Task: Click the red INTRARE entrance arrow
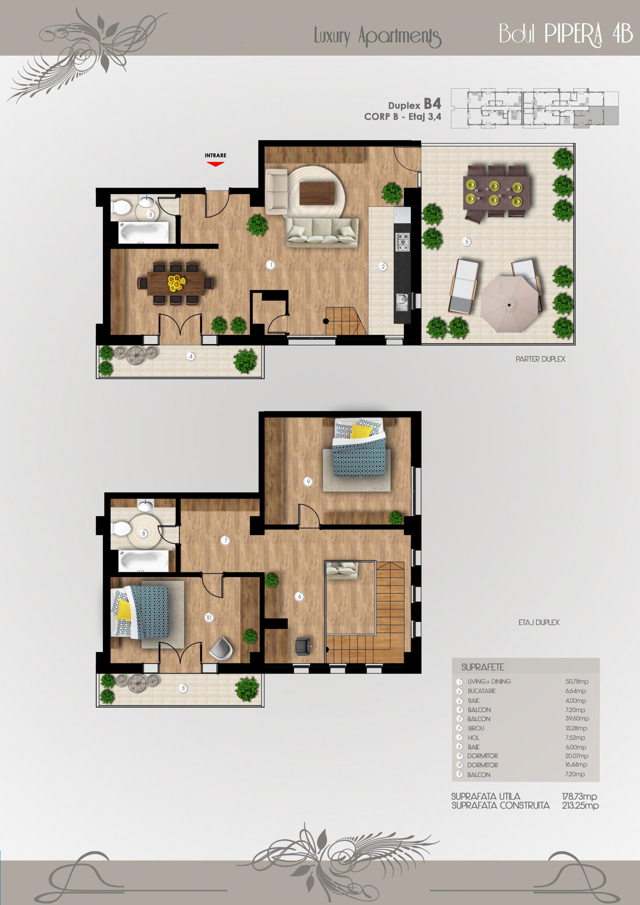tap(216, 164)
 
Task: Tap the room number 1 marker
tap(271, 265)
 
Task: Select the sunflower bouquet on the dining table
tap(177, 283)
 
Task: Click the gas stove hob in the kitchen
tap(402, 242)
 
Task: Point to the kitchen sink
tap(402, 302)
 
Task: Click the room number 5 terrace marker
tap(467, 242)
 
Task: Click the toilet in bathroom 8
tap(121, 529)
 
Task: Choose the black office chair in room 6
tap(303, 646)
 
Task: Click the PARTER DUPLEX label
tap(540, 359)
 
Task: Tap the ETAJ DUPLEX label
tap(539, 622)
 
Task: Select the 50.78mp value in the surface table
tap(577, 682)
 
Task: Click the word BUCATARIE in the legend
tap(482, 691)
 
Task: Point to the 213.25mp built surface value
tap(580, 806)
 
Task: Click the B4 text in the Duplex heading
tap(432, 104)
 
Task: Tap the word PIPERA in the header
tap(573, 34)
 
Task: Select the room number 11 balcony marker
tap(183, 689)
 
